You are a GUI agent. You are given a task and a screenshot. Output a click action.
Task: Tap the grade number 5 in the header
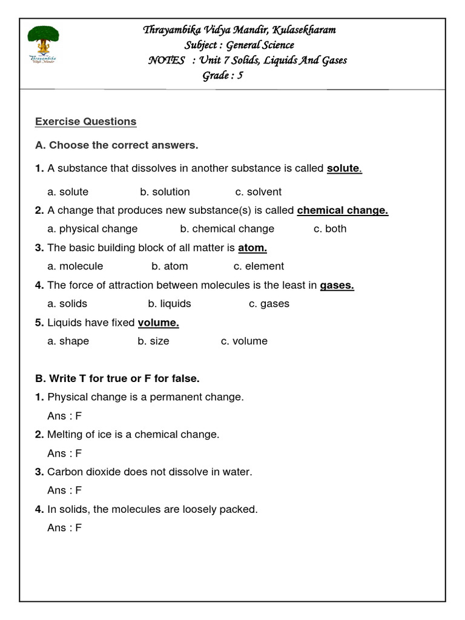coord(240,76)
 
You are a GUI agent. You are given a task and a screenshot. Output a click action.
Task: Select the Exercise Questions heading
coord(85,122)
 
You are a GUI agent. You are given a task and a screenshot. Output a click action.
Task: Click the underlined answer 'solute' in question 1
coord(343,168)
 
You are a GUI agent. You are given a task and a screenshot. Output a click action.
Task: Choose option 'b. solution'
coord(165,192)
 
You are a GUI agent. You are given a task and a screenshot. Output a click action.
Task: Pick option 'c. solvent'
coord(259,192)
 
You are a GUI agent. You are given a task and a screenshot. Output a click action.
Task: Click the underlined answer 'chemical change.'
coord(343,211)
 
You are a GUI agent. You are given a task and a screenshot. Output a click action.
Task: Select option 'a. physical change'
coord(93,229)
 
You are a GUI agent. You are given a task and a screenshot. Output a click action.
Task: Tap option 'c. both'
coord(330,229)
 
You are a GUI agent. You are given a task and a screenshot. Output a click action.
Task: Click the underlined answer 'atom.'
coord(252,248)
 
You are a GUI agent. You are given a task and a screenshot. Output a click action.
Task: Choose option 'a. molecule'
coord(75,266)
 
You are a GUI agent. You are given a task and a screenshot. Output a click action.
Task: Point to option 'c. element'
coord(259,266)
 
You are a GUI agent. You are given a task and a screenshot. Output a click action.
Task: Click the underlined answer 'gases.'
coord(337,285)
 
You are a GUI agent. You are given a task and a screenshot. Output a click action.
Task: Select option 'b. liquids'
coord(170,304)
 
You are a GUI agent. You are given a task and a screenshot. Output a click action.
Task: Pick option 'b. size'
coord(153,341)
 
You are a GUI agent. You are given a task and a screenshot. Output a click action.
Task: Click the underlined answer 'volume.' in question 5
coord(159,323)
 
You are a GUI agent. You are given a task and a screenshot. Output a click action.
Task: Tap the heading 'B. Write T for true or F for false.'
coord(117,378)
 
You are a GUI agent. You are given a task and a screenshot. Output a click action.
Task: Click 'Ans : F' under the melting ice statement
coord(64,453)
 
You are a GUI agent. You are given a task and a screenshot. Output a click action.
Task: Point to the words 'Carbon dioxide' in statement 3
coord(79,472)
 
